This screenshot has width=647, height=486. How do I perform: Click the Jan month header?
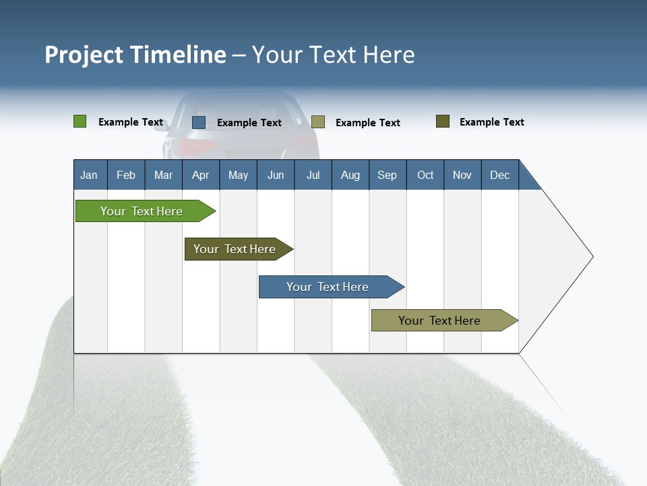[x=90, y=175]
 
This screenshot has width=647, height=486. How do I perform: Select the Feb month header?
[x=126, y=175]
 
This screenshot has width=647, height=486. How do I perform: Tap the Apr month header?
[x=201, y=175]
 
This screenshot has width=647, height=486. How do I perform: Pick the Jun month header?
[x=276, y=175]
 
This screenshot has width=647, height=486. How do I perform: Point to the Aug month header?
[x=350, y=175]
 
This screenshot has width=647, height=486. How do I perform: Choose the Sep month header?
[x=388, y=175]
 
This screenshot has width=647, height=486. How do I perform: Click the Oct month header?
[x=425, y=175]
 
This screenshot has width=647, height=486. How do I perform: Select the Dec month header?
[x=500, y=175]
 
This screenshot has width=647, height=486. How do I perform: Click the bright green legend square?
[x=80, y=122]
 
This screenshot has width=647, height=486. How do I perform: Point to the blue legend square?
[x=199, y=122]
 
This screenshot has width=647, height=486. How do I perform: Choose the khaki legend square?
[x=318, y=122]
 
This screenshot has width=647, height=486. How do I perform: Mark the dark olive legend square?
[x=443, y=122]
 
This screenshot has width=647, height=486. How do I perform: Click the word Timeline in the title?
[x=177, y=55]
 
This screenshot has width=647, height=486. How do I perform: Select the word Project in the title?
[x=84, y=55]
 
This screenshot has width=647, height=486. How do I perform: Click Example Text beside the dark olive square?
[x=491, y=122]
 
